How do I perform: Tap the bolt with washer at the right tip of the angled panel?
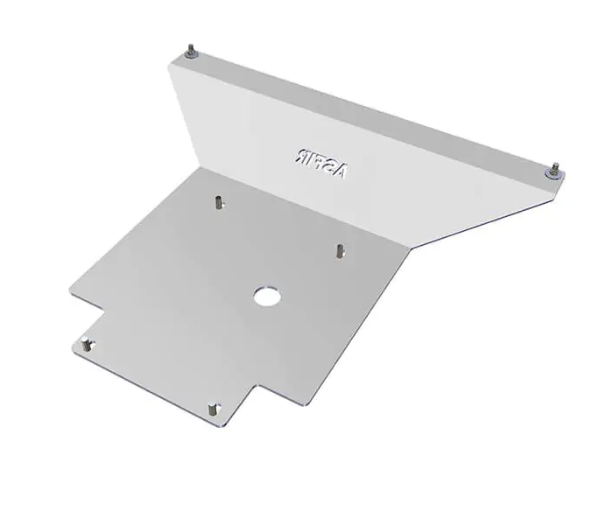pyautogui.click(x=554, y=169)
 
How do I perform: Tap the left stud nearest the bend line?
pyautogui.click(x=215, y=202)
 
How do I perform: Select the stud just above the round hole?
pyautogui.click(x=337, y=251)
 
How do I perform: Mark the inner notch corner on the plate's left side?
pyautogui.click(x=104, y=311)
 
